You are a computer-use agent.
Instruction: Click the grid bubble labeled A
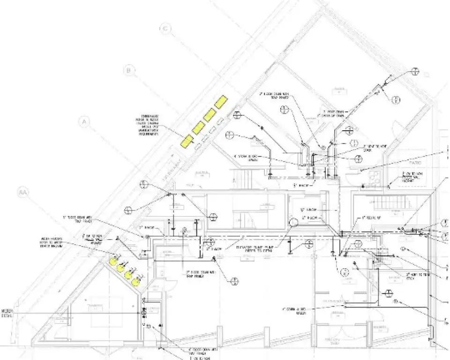point(85,122)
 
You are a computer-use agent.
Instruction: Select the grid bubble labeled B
point(129,71)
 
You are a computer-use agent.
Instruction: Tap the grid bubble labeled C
point(165,29)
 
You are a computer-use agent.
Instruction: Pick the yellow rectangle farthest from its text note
point(221,101)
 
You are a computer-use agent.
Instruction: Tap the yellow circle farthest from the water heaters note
point(136,282)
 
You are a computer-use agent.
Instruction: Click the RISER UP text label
point(369,218)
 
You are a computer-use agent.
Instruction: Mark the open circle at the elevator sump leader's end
point(294,222)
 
